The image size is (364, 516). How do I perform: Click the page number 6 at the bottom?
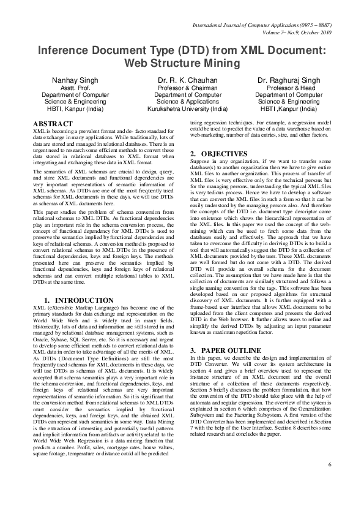(330, 481)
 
